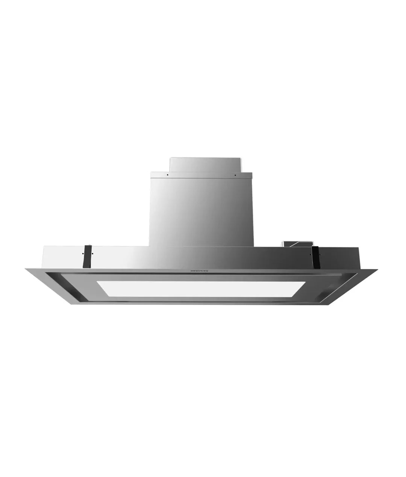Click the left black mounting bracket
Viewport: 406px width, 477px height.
pos(89,255)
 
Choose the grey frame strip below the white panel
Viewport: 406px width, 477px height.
pos(195,300)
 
